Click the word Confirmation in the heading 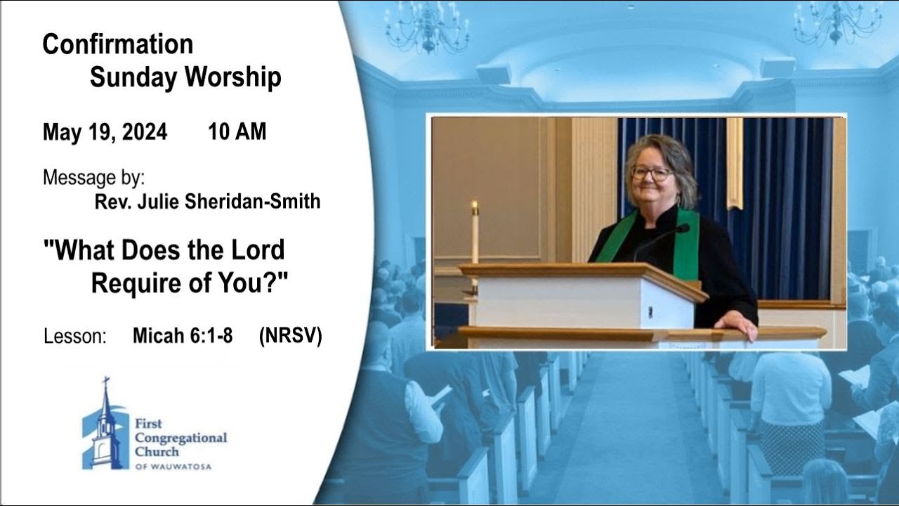coord(117,44)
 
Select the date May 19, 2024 coord(105,132)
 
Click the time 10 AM coord(237,132)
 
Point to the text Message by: coord(93,177)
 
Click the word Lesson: coord(74,336)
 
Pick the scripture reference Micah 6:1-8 coord(183,336)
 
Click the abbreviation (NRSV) coord(290,336)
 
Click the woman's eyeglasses coord(651,172)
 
